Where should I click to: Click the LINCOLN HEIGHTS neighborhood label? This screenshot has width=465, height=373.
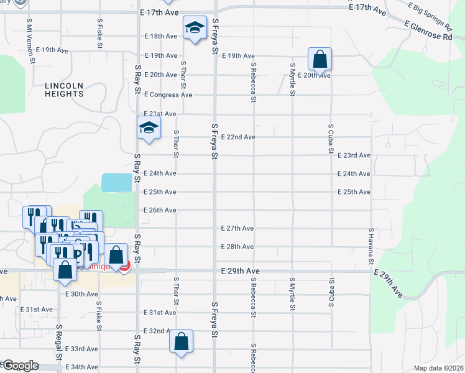[x=64, y=90]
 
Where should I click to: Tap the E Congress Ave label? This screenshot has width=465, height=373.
[x=168, y=95]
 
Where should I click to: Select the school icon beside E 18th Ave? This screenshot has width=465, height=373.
[x=195, y=28]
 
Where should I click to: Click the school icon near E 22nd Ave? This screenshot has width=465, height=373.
[x=149, y=128]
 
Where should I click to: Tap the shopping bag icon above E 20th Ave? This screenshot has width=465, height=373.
[x=320, y=60]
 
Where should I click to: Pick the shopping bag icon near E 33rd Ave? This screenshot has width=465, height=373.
[x=182, y=341]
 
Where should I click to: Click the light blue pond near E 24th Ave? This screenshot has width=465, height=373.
[x=116, y=182]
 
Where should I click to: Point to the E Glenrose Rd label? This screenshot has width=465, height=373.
[x=428, y=30]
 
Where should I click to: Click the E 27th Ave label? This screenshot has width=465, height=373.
[x=237, y=228]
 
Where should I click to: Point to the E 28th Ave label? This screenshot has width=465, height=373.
[x=237, y=247]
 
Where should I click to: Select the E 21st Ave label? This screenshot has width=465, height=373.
[x=160, y=114]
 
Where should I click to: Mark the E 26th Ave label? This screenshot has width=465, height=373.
[x=160, y=210]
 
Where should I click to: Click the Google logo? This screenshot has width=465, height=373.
[x=21, y=366]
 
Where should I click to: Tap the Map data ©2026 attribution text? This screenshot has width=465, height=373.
[x=438, y=368]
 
